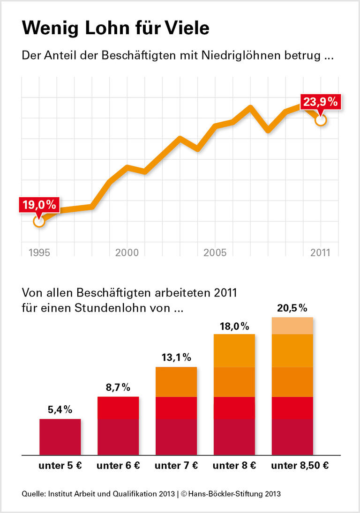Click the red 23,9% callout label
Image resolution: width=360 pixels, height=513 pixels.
coord(321,102)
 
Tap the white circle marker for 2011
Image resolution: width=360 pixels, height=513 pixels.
coord(321,120)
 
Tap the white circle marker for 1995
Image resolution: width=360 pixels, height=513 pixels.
coord(39,221)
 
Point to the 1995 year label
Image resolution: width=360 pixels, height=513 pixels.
coord(39,253)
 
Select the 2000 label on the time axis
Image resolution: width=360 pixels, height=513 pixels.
coord(127,253)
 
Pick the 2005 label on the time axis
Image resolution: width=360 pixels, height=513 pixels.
coord(215,253)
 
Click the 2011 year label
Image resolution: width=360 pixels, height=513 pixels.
coord(320,253)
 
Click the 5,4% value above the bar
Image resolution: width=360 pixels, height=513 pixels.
coord(60,409)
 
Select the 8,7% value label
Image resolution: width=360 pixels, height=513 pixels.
coord(118,387)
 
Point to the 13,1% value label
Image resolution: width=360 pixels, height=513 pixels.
coord(176,358)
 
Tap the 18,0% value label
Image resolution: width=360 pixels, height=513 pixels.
coord(234,326)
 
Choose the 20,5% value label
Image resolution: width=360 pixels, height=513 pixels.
coord(292,308)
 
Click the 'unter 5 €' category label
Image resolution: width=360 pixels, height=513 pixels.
coord(60,466)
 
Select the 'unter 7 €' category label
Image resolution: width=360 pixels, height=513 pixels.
coord(176,466)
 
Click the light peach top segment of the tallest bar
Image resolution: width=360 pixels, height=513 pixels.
coord(292,326)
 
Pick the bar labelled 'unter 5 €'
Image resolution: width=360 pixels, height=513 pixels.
coord(60,437)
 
